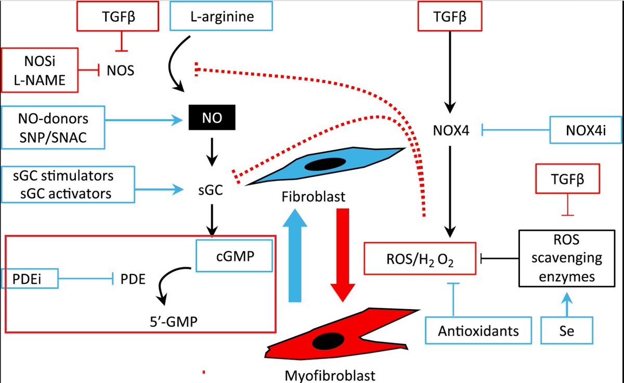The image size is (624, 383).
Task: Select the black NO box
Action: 211,118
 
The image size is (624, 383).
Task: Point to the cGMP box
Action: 234,255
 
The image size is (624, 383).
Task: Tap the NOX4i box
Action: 586,130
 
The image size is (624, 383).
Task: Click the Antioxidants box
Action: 479,330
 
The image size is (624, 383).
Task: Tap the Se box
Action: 567,330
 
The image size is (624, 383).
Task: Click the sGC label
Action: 211,191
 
